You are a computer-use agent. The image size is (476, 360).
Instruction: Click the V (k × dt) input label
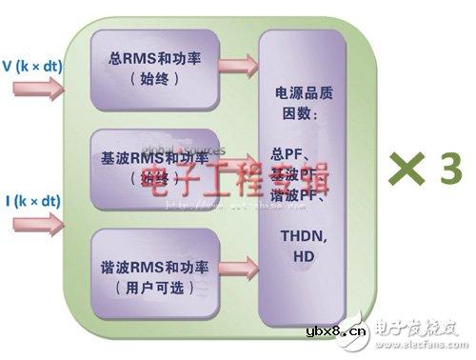[x=35, y=68]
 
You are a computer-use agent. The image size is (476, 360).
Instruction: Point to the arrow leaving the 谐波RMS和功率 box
[x=237, y=270]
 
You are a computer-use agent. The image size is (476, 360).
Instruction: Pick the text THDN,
[x=302, y=235]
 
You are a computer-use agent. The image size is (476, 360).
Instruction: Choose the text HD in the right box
[x=302, y=256]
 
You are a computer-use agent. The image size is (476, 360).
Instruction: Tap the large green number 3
[x=448, y=171]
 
